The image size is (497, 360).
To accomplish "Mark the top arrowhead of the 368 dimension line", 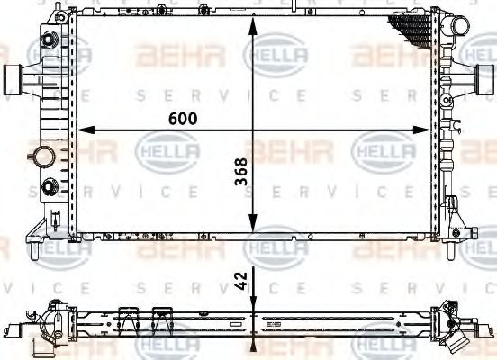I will (x=256, y=24).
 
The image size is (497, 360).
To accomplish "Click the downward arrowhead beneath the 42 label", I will (x=256, y=302).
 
